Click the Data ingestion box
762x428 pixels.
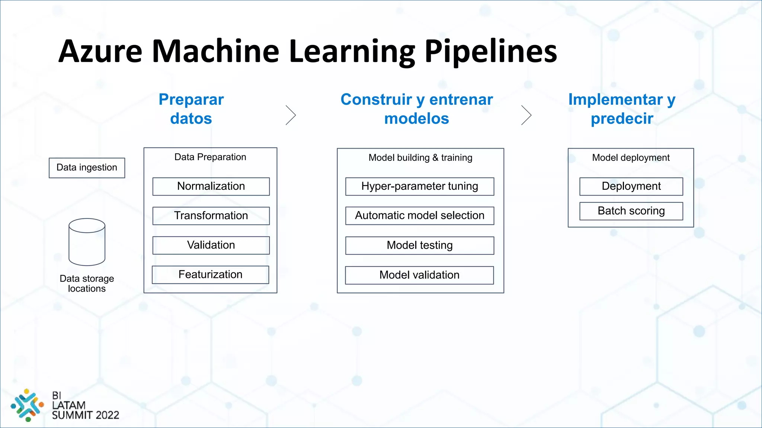tap(87, 168)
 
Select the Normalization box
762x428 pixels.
tap(211, 186)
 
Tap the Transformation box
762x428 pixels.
tap(211, 215)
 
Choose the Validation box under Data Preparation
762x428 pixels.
tap(211, 245)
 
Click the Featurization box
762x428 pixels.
tap(210, 275)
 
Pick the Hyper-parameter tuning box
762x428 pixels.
tap(420, 186)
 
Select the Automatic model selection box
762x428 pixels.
tap(420, 215)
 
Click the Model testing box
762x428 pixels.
tap(420, 245)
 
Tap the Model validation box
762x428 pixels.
tap(419, 275)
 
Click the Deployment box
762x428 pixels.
tap(631, 186)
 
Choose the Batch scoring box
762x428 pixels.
tap(631, 211)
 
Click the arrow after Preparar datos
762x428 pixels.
tap(291, 115)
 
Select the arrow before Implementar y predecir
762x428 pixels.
tap(526, 115)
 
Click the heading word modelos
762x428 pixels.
tap(416, 119)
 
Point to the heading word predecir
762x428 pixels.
tap(622, 119)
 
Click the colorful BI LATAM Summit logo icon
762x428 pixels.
tap(27, 405)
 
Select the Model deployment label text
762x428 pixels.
tap(631, 158)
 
